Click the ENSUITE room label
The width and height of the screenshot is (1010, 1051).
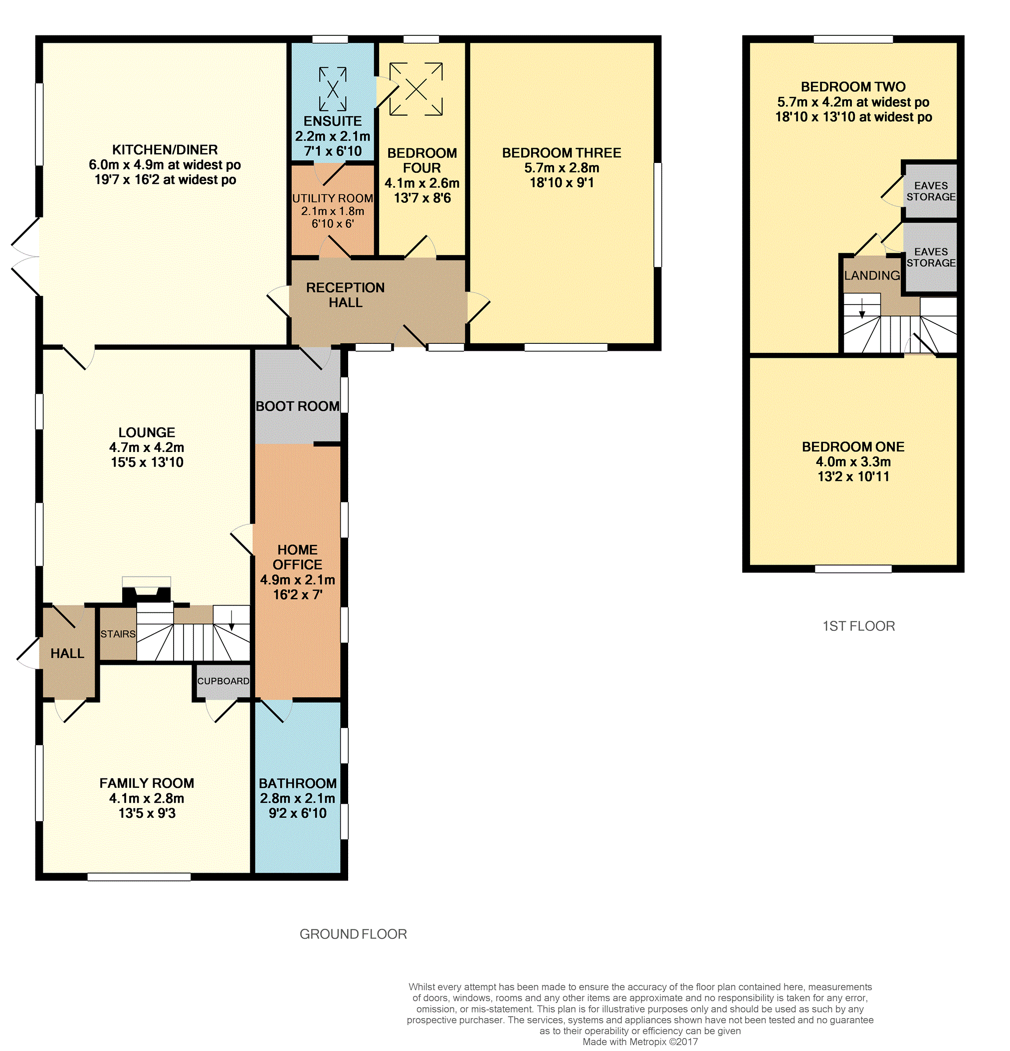[333, 121]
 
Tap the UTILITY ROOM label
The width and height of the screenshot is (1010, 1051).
[333, 198]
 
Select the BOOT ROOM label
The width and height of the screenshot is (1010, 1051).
[297, 406]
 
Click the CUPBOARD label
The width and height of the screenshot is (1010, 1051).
[223, 681]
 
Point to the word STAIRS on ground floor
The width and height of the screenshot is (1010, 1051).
[118, 634]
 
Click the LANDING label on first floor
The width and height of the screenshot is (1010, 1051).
[872, 275]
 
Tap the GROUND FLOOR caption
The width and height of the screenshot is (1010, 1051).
[353, 934]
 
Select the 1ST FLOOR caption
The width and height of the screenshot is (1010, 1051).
[859, 626]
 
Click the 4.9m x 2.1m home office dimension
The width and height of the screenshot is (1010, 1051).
[297, 580]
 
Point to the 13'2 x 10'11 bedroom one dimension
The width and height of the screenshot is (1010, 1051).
[853, 476]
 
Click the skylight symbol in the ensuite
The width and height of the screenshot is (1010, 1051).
[333, 89]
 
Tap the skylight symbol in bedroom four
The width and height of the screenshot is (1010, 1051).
[416, 89]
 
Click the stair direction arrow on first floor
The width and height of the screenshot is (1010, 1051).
[862, 308]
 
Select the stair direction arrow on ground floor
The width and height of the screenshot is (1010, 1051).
[231, 620]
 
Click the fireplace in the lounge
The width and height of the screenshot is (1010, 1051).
[147, 590]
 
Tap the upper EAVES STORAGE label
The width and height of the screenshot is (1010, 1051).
[931, 191]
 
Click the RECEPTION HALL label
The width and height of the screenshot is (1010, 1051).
[346, 295]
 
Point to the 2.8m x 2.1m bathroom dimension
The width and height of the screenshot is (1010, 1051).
[297, 798]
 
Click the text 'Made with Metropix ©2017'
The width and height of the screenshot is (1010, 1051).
[640, 1042]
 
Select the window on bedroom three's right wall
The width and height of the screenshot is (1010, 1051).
[657, 214]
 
